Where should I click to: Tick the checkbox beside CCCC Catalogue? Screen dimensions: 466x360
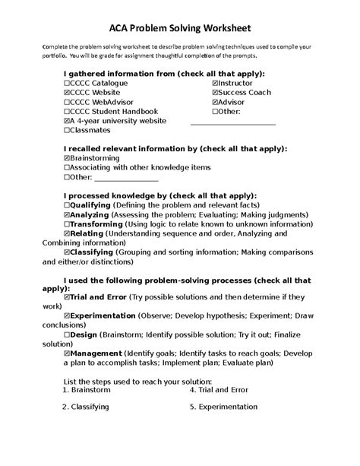pyautogui.click(x=68, y=82)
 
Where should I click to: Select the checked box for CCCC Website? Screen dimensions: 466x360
pyautogui.click(x=68, y=92)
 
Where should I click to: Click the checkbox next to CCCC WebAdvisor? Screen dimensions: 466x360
pyautogui.click(x=68, y=101)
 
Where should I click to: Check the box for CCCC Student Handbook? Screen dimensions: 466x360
pyautogui.click(x=68, y=111)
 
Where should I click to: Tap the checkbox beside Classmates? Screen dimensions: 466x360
pyautogui.click(x=68, y=130)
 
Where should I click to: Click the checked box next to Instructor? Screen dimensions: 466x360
pyautogui.click(x=215, y=82)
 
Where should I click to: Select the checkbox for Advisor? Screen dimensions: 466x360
pyautogui.click(x=215, y=101)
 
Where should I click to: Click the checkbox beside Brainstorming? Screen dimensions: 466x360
pyautogui.click(x=68, y=158)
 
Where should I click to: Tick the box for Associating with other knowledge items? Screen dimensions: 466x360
pyautogui.click(x=68, y=167)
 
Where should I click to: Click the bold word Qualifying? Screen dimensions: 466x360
pyautogui.click(x=90, y=205)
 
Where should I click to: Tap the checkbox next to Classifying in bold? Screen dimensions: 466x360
pyautogui.click(x=68, y=250)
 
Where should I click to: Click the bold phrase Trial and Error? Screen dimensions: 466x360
pyautogui.click(x=98, y=296)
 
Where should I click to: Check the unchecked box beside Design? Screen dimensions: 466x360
pyautogui.click(x=68, y=334)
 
